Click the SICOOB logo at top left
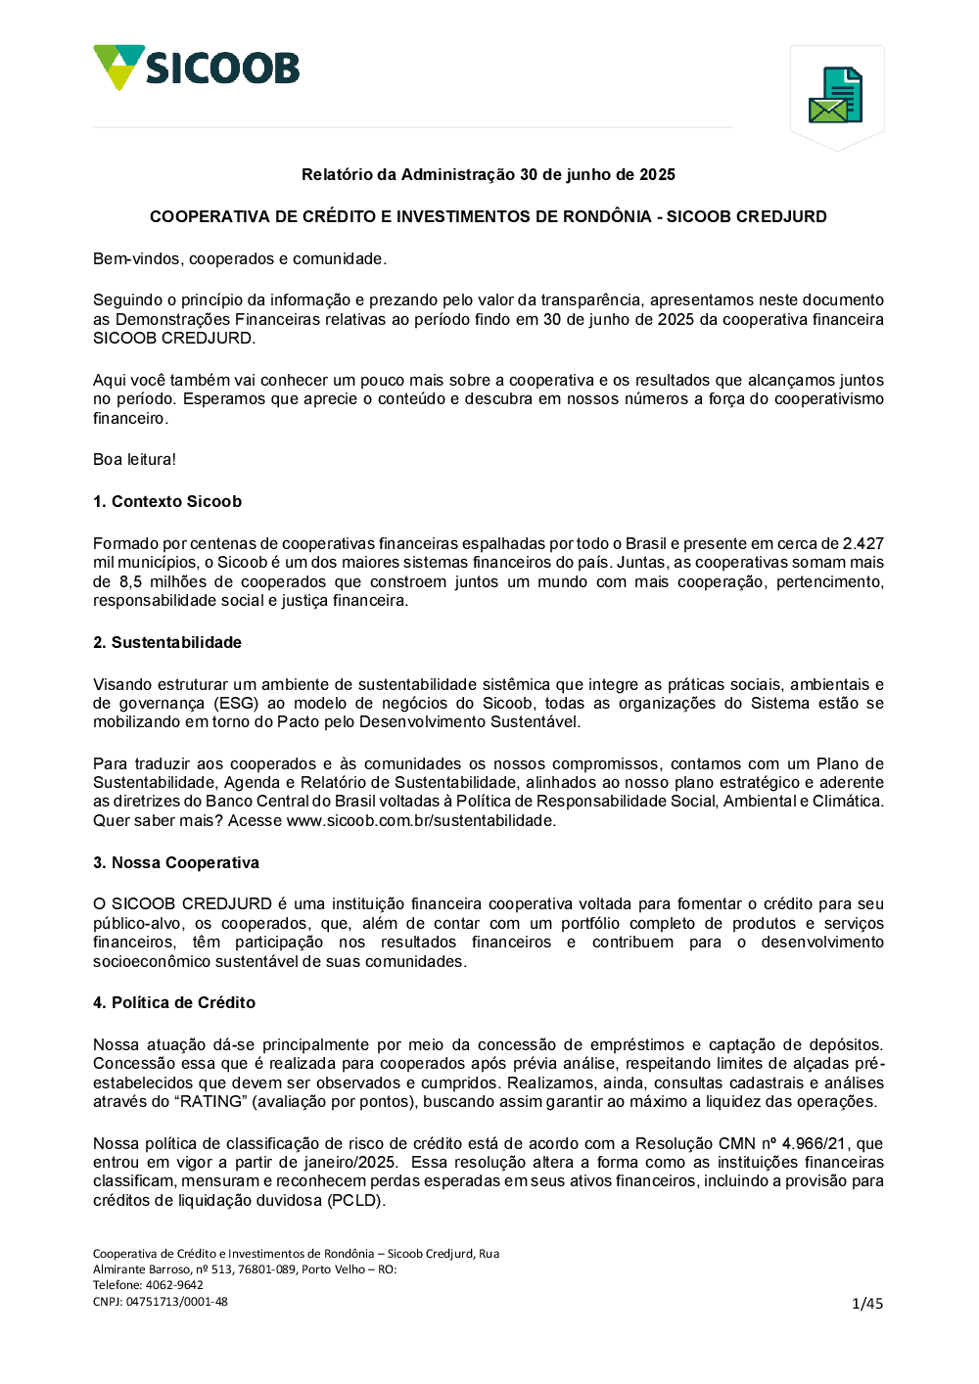[x=196, y=68]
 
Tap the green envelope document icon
[x=835, y=95]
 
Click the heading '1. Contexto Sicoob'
[x=167, y=501]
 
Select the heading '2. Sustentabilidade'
[x=167, y=642]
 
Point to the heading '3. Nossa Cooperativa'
[x=176, y=862]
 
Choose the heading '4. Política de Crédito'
[x=174, y=1002]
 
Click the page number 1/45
[x=867, y=1303]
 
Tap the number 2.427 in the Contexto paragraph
[x=862, y=543]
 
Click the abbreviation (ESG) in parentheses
[x=236, y=703]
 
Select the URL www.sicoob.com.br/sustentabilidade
[x=421, y=820]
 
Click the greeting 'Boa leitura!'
[x=135, y=459]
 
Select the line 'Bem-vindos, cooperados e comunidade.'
[x=240, y=258]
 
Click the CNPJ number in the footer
[x=176, y=1302]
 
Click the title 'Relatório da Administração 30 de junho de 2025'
[x=489, y=174]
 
